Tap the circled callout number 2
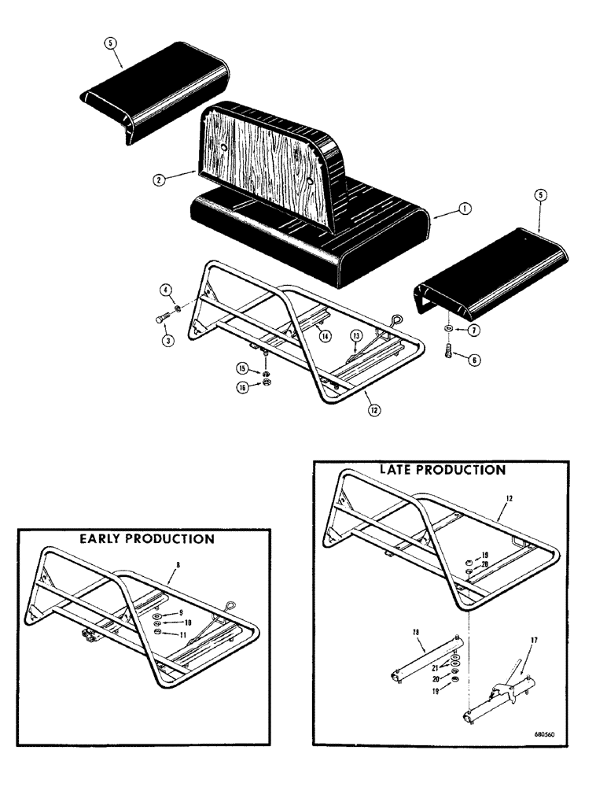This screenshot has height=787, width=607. tap(160, 179)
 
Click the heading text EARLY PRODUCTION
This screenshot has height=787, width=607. tap(145, 539)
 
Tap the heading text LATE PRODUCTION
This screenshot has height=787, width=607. tap(442, 470)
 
